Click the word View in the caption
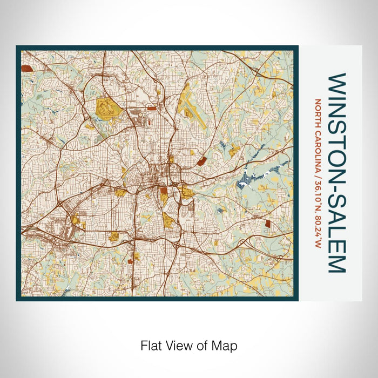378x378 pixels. [179, 345]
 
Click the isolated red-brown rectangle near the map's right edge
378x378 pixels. [268, 222]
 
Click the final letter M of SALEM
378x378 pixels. [335, 264]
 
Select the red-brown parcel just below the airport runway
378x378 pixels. [201, 160]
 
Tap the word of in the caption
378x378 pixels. [205, 345]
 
